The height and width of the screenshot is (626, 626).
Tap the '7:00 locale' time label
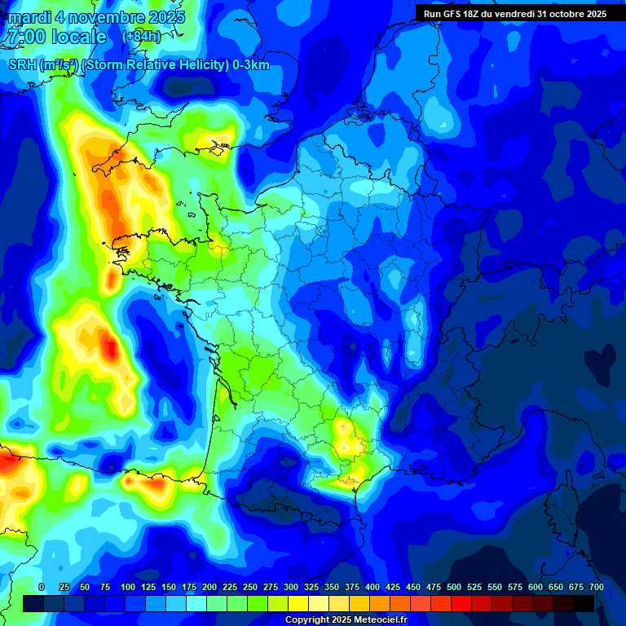click(x=55, y=37)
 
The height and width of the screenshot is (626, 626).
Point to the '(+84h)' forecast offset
click(x=140, y=37)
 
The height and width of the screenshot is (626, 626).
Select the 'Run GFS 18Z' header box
click(x=514, y=13)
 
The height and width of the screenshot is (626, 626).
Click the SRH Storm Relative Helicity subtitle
click(x=139, y=65)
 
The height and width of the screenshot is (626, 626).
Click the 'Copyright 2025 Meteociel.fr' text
click(x=346, y=620)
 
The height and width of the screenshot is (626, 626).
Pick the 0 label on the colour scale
click(x=42, y=587)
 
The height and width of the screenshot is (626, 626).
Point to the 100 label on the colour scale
click(x=128, y=587)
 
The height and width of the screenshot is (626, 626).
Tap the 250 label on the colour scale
click(x=250, y=587)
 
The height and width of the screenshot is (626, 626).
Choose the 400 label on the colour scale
click(x=373, y=587)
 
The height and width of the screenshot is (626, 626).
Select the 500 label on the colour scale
click(x=454, y=587)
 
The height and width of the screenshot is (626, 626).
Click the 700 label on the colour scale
click(x=597, y=587)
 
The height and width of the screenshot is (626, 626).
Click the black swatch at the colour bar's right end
click(x=584, y=603)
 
